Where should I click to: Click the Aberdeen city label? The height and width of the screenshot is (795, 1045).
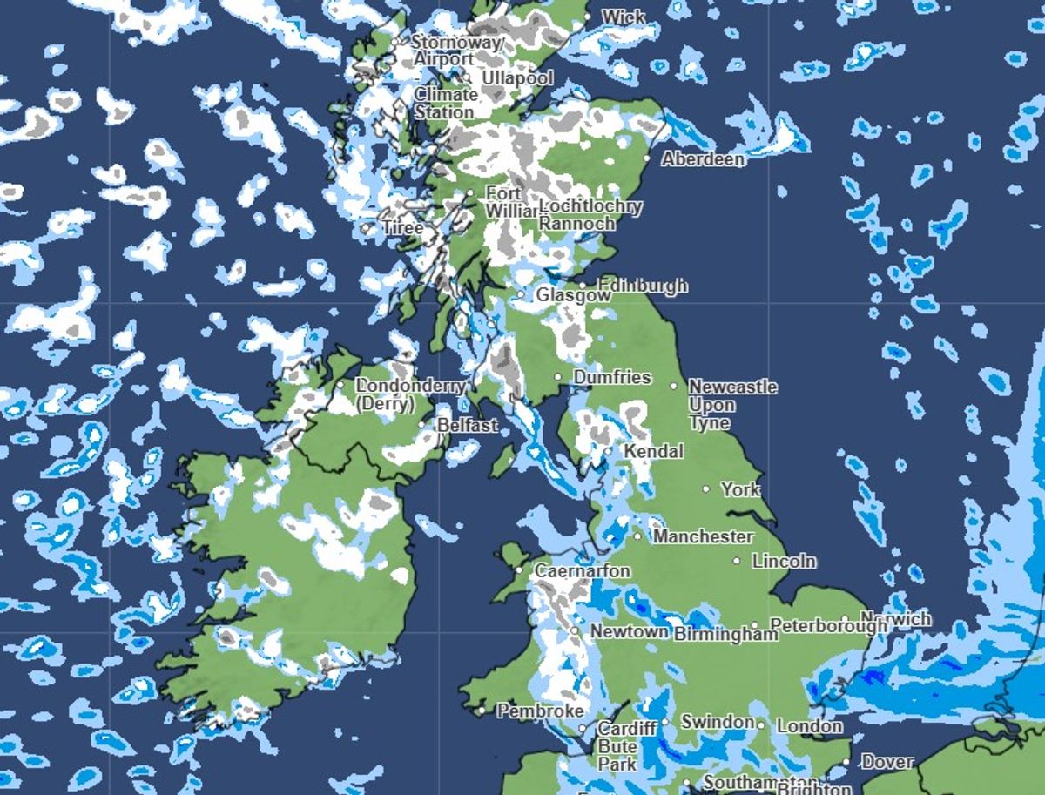[703, 159]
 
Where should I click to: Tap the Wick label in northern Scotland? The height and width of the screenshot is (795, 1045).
[624, 17]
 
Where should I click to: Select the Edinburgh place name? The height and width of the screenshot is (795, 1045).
[643, 285]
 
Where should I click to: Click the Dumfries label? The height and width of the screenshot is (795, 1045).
[611, 378]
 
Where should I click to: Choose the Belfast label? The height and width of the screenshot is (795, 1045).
[467, 425]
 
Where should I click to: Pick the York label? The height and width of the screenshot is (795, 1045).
[740, 489]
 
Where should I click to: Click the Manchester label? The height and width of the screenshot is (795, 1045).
[703, 536]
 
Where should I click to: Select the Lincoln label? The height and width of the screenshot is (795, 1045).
[784, 561]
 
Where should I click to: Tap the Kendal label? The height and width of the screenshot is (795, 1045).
[653, 452]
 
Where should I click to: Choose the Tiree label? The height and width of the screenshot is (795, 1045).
[403, 228]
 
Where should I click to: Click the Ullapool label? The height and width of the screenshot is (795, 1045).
[517, 78]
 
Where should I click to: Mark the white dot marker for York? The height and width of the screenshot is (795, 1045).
[706, 489]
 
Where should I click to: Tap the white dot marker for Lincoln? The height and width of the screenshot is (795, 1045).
[738, 561]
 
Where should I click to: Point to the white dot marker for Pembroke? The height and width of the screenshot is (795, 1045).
[482, 711]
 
